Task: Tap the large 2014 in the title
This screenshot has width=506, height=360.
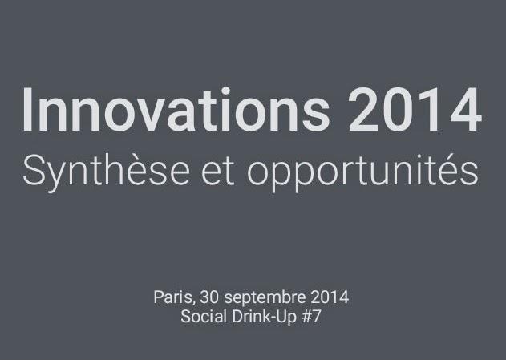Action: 415,110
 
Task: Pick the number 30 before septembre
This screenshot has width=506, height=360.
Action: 210,297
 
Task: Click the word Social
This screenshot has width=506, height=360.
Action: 201,316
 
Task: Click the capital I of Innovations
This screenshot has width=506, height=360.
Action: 28,110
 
